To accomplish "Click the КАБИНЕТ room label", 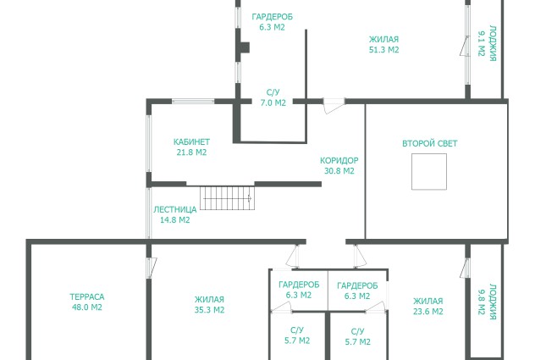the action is click(x=191, y=141).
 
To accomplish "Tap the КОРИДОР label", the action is click(x=339, y=161).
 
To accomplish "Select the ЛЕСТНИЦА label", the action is click(x=174, y=209).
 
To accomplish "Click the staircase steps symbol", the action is click(x=227, y=198).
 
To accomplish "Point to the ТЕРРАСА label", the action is click(x=87, y=296).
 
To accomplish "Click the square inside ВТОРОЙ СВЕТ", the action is click(x=429, y=171).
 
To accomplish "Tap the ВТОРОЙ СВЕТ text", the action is click(x=429, y=143).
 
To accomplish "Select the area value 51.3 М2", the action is click(x=383, y=50).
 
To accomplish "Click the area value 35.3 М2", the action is click(x=209, y=310).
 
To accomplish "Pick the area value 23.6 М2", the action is click(x=427, y=312).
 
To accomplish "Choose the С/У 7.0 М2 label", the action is click(x=273, y=97).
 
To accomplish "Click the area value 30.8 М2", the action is click(x=339, y=171).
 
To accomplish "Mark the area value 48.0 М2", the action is click(x=87, y=307).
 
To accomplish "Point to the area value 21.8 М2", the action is click(x=191, y=152).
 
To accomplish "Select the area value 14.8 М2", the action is click(x=174, y=220).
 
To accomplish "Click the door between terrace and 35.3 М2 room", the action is click(x=152, y=268).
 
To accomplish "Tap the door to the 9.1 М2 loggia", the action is click(x=465, y=46).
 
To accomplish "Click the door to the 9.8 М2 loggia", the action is click(x=465, y=269).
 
